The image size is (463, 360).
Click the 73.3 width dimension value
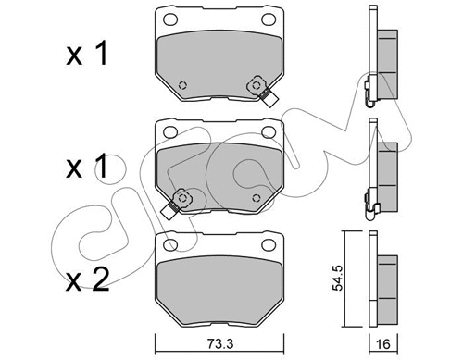[x=219, y=343]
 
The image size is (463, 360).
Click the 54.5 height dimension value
[x=338, y=278]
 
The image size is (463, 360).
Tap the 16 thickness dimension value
[x=383, y=343]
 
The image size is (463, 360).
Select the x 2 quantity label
[x=88, y=279]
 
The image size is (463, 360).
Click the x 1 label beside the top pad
[x=87, y=53]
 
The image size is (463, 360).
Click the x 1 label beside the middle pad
[x=87, y=167]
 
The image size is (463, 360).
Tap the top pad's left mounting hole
[x=170, y=19]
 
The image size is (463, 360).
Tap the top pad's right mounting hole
[x=269, y=19]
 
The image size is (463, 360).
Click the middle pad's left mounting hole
[x=170, y=132]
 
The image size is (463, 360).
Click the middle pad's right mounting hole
[x=269, y=132]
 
